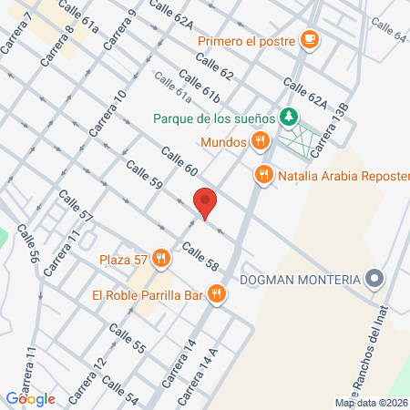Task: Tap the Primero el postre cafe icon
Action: pyautogui.click(x=310, y=39)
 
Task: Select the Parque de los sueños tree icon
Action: pyautogui.click(x=288, y=117)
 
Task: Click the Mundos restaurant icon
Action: pyautogui.click(x=261, y=141)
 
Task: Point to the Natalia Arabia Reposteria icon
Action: pyautogui.click(x=264, y=175)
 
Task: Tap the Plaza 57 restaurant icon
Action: pyautogui.click(x=161, y=259)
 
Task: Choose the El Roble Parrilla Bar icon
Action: pyautogui.click(x=216, y=293)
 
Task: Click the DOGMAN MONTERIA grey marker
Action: pyautogui.click(x=374, y=279)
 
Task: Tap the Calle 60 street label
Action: pyautogui.click(x=179, y=161)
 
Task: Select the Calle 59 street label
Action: pyautogui.click(x=144, y=176)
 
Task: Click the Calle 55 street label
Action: pyautogui.click(x=127, y=343)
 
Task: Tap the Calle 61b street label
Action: pyautogui.click(x=200, y=87)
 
